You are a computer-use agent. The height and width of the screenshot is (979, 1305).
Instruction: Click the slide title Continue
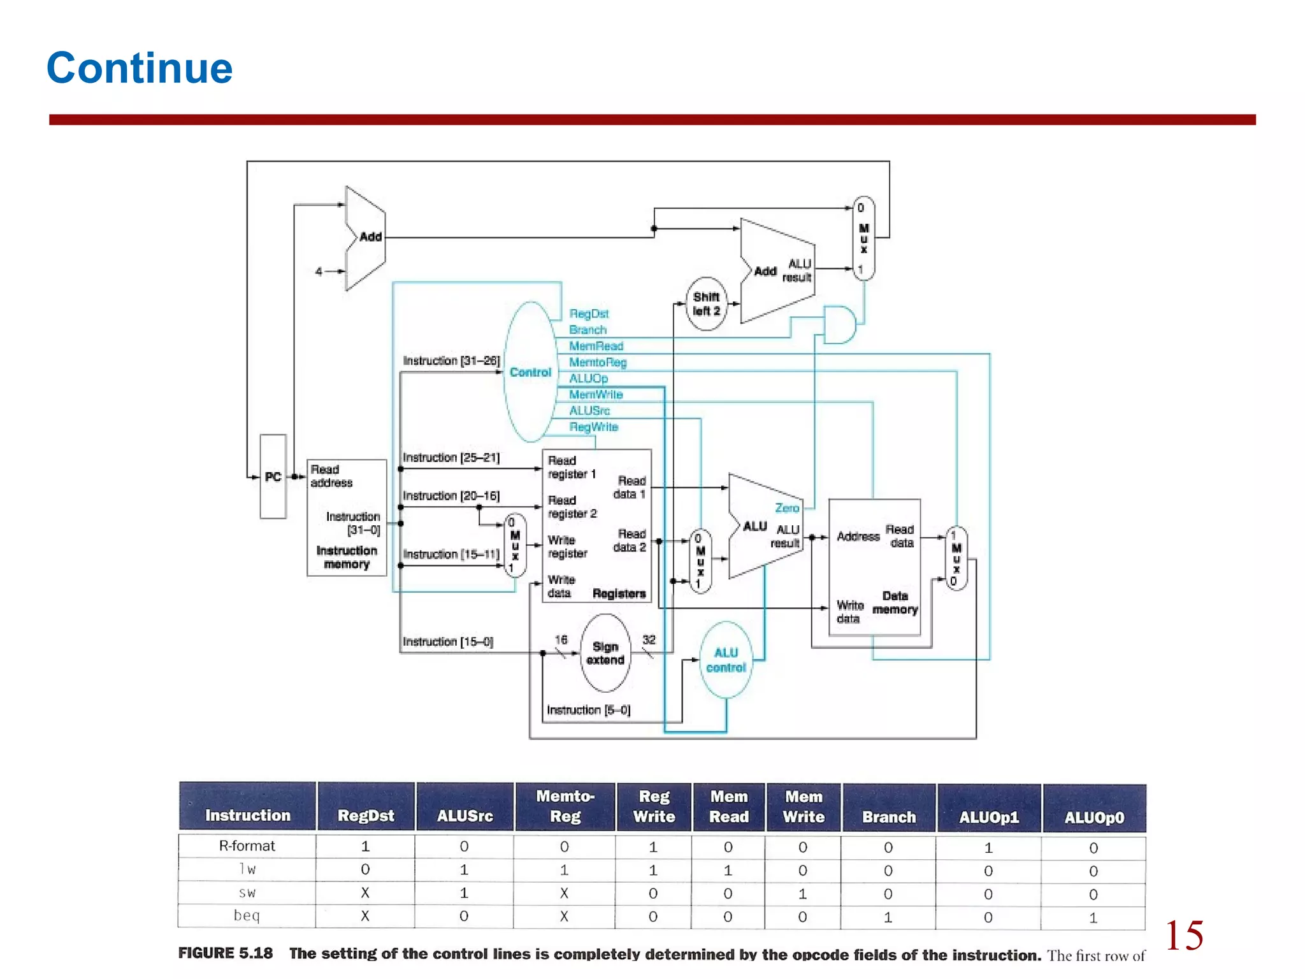(x=140, y=68)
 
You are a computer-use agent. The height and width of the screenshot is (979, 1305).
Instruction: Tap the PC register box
(x=273, y=477)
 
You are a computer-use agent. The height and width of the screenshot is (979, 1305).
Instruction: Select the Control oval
(x=530, y=372)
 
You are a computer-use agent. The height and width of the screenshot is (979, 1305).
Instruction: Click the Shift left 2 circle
(x=706, y=304)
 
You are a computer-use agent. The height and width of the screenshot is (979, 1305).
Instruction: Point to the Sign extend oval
(x=605, y=653)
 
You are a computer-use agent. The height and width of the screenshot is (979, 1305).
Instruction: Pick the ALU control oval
(x=726, y=660)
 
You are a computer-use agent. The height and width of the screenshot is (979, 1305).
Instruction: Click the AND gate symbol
(x=839, y=324)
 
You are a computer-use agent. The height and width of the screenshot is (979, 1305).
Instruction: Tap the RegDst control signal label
(x=589, y=314)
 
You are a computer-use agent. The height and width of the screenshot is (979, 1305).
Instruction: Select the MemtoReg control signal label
(x=598, y=362)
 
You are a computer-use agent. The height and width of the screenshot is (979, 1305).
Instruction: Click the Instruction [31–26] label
(x=451, y=361)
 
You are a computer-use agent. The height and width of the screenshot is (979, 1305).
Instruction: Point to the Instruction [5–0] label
(x=588, y=710)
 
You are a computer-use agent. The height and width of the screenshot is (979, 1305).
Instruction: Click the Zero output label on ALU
(x=787, y=508)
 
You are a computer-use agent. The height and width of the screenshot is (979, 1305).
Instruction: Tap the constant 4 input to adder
(x=319, y=272)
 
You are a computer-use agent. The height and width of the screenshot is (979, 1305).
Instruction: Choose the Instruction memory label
(x=347, y=557)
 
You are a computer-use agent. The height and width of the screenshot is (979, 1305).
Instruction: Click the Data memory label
(x=895, y=602)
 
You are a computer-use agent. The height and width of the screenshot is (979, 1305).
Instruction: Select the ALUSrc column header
(x=465, y=815)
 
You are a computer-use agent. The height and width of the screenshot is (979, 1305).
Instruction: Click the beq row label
(x=247, y=916)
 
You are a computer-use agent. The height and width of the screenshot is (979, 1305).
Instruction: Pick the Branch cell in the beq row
(x=888, y=917)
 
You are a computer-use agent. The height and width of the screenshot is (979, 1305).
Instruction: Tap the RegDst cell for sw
(x=365, y=893)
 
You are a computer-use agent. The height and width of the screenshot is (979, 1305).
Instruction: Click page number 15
(x=1184, y=935)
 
